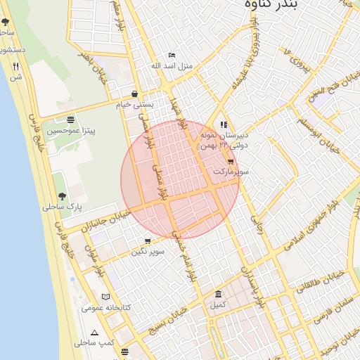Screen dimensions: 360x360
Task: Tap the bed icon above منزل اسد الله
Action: [172, 56]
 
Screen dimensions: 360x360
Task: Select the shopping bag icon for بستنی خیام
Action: [134, 94]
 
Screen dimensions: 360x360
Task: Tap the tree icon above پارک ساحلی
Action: [62, 196]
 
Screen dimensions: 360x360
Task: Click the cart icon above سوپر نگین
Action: [147, 240]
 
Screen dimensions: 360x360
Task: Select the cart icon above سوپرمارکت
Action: [231, 161]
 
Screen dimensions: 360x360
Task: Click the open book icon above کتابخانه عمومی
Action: [106, 297]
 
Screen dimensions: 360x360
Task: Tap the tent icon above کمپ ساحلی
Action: [94, 332]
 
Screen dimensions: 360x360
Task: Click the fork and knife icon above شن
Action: [15, 66]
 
